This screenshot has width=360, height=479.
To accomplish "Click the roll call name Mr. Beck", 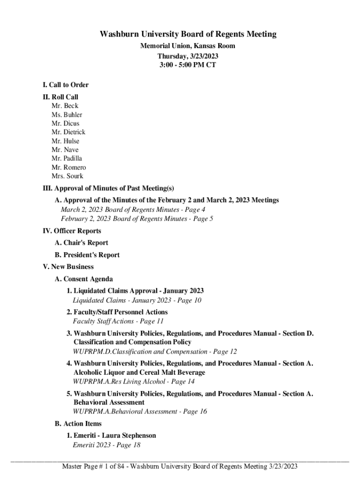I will tap(65, 106).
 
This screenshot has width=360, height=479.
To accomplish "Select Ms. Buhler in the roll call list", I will tap(67, 115).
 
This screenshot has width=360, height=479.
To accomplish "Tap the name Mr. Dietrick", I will tap(68, 132).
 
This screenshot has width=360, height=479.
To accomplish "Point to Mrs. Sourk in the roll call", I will tap(67, 176).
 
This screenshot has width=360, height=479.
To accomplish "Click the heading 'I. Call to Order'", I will tap(65, 85).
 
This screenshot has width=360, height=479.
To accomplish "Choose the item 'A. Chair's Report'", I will tap(81, 243).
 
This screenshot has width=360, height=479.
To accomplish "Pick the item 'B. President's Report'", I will tap(87, 255).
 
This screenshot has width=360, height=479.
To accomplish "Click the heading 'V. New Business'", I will tap(68, 267).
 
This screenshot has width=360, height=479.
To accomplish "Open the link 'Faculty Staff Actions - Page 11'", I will tap(118, 321).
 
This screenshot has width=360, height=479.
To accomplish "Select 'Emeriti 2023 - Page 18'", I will tap(107, 445).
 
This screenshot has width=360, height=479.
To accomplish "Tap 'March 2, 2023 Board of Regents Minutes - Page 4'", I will tap(133, 210).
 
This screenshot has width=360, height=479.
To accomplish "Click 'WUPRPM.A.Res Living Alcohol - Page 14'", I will tap(134, 382).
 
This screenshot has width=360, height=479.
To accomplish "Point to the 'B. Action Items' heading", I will tap(78, 424).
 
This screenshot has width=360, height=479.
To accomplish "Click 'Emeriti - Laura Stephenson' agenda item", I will tap(111, 435).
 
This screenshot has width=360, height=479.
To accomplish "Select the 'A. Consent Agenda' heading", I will tap(84, 279).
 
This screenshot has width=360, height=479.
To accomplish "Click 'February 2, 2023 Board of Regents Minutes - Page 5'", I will tap(137, 219).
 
